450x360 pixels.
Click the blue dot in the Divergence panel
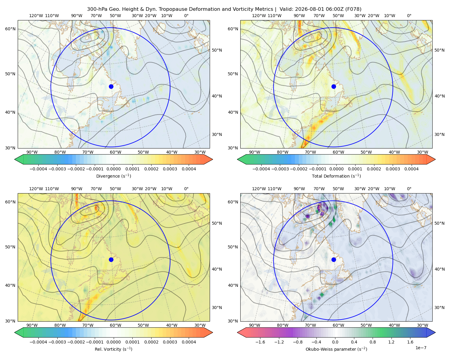(111, 86)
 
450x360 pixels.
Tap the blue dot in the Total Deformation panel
(334, 86)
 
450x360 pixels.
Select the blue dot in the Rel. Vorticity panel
(111, 259)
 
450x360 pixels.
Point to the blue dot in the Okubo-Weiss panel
(334, 259)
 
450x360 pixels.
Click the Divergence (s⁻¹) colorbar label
(113, 176)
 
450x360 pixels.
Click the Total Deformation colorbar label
(336, 176)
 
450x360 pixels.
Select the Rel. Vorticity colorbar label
(113, 349)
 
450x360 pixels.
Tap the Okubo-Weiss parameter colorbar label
(336, 349)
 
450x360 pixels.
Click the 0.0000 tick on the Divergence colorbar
(113, 169)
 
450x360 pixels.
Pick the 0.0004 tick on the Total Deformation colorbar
(411, 169)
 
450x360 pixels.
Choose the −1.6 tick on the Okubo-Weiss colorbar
(260, 342)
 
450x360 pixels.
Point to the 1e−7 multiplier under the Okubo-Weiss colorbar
(421, 348)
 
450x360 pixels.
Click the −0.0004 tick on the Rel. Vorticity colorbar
(38, 342)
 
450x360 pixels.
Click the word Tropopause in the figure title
(172, 9)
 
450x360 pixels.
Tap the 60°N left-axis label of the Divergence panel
(10, 29)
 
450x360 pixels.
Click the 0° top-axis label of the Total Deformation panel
(409, 16)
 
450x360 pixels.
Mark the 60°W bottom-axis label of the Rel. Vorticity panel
(115, 325)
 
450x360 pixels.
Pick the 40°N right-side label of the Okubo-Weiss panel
(439, 269)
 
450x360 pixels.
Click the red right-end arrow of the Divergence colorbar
(208, 159)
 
